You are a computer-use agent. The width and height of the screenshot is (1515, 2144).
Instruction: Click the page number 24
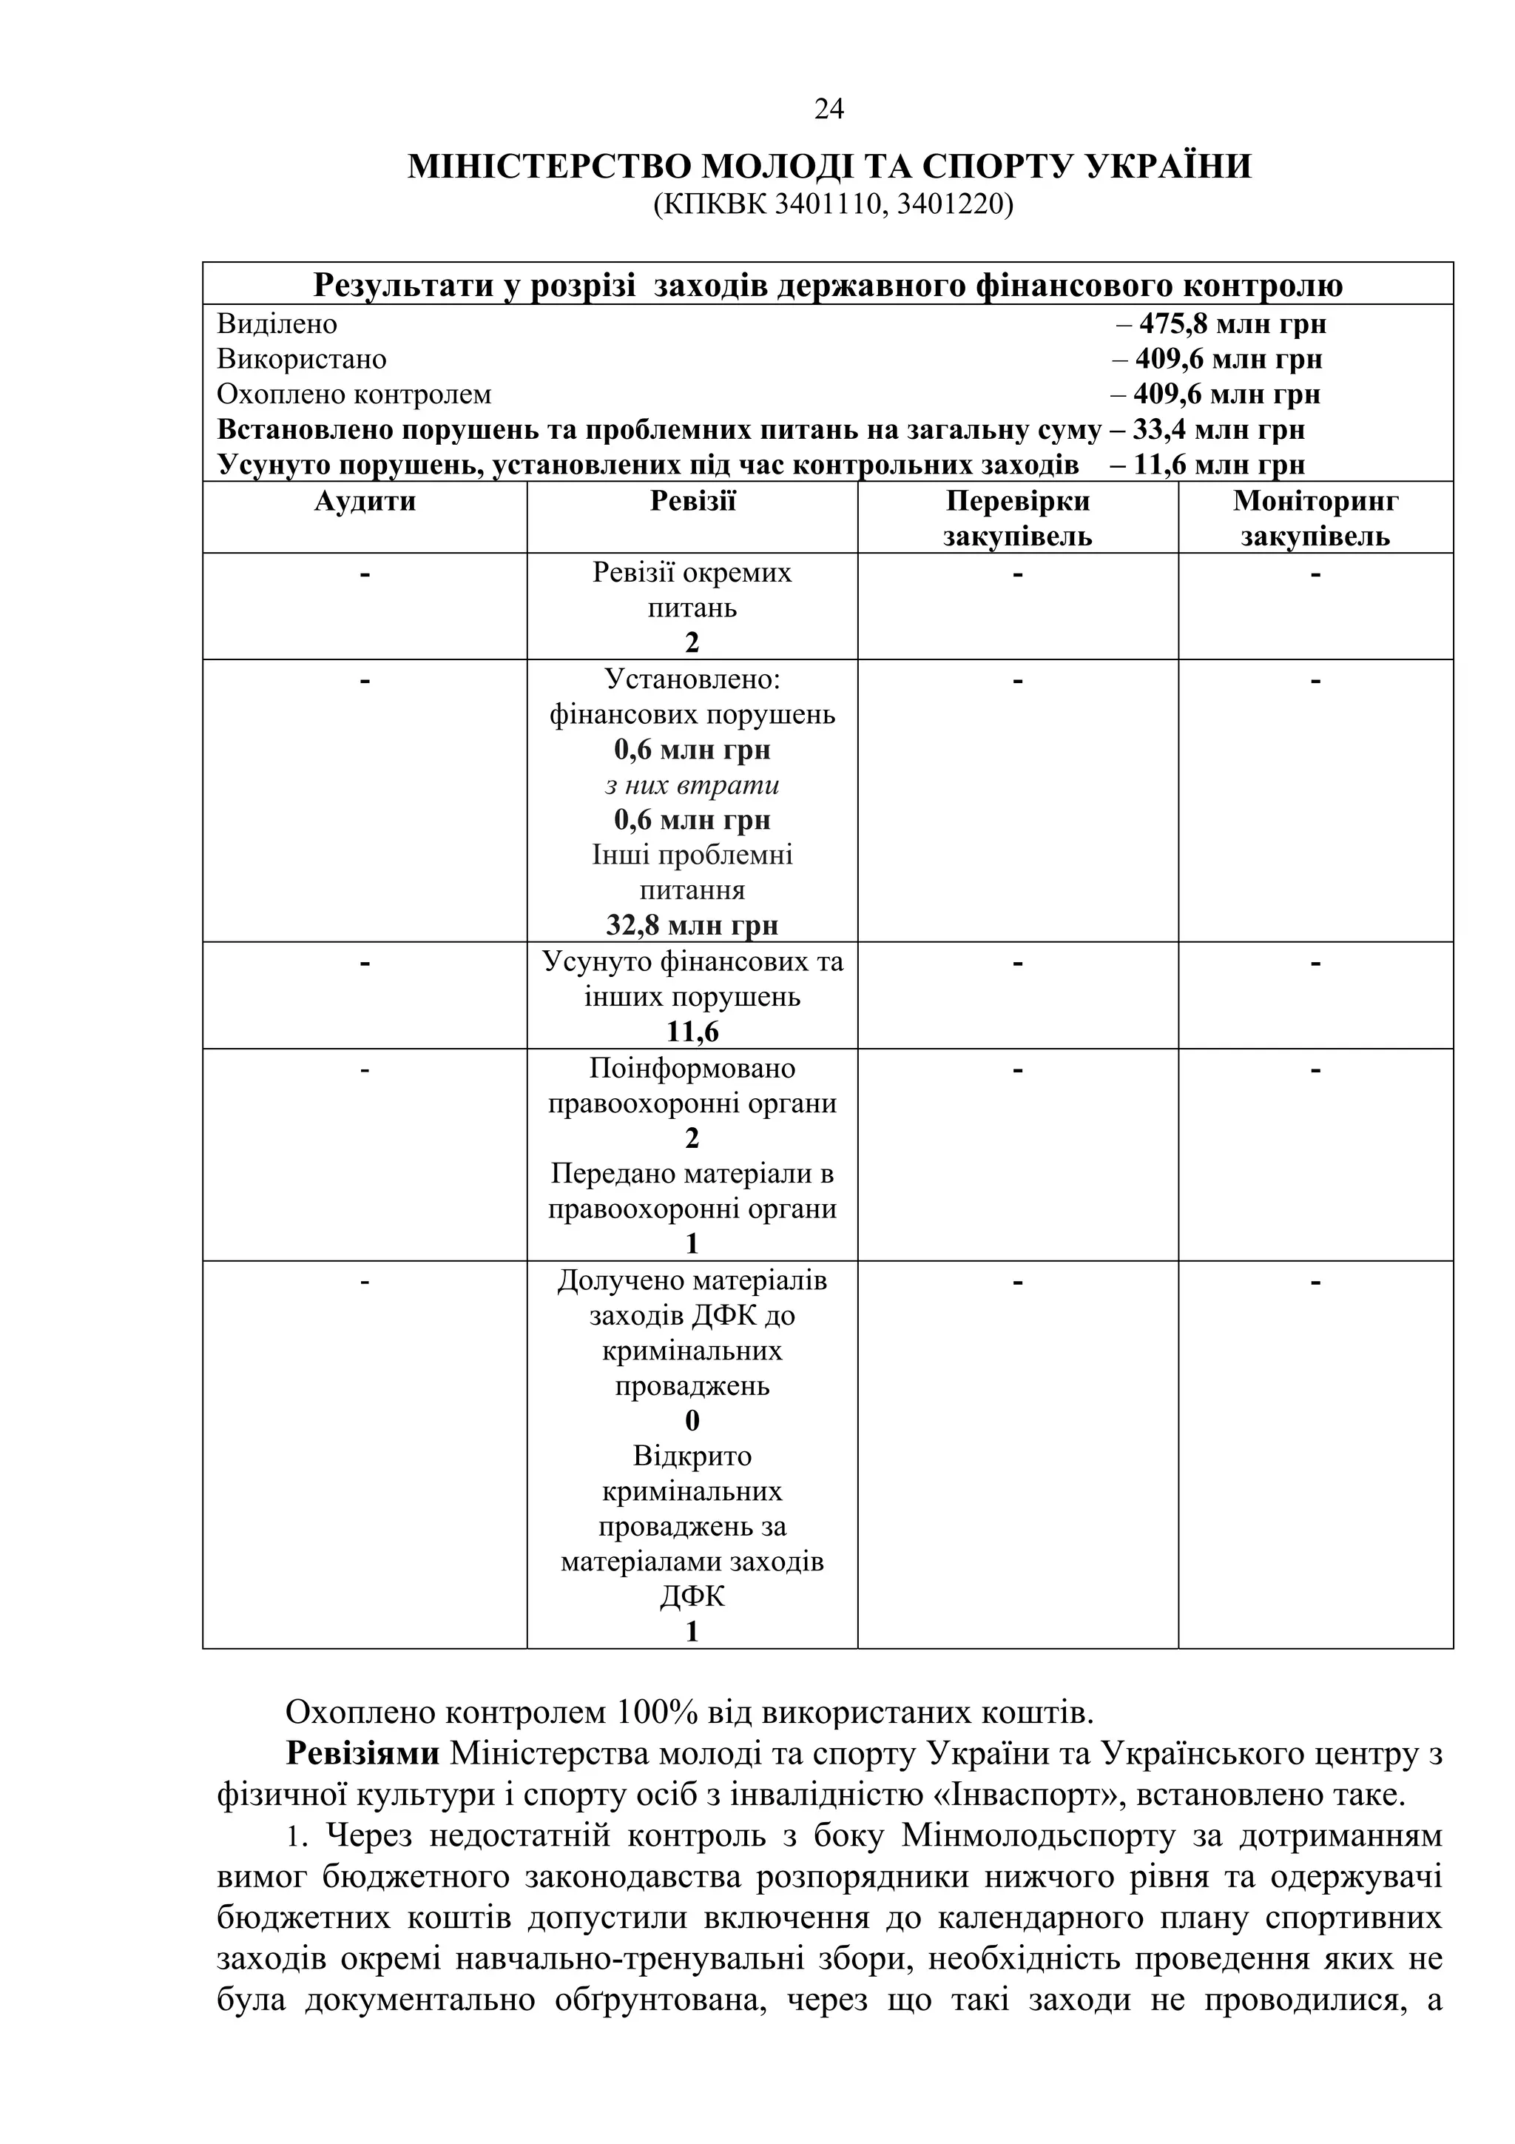coord(829,110)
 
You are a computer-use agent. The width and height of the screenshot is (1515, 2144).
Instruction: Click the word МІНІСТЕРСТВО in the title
coord(549,167)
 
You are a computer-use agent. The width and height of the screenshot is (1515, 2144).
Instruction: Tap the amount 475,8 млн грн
coord(1232,324)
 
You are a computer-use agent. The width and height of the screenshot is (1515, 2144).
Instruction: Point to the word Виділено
coord(277,324)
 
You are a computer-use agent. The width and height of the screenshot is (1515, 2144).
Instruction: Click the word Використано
coord(302,360)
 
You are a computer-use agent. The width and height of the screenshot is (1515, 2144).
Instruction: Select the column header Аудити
coord(365,502)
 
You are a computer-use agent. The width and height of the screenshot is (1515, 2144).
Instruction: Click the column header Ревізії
coord(692,502)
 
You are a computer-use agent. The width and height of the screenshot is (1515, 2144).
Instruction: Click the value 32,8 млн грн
coord(692,925)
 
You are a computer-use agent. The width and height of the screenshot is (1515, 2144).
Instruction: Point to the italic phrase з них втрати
coord(692,785)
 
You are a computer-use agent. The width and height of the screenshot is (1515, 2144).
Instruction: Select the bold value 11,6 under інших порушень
coord(692,1032)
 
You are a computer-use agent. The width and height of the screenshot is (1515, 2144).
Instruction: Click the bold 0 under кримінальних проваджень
coord(692,1420)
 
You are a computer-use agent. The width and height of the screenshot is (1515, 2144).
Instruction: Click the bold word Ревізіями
coord(362,1754)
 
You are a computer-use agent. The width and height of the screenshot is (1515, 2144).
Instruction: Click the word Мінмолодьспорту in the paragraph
coord(1039,1836)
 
